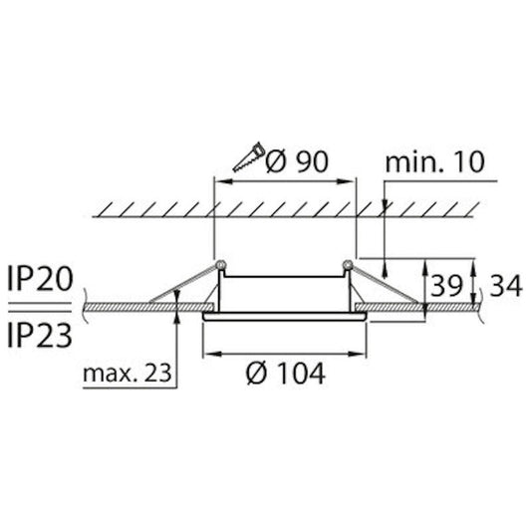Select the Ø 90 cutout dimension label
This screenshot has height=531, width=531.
click(298, 158)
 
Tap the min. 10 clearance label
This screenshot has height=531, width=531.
click(440, 159)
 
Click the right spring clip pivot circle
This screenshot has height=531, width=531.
click(346, 266)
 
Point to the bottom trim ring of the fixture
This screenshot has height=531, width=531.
click(286, 317)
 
